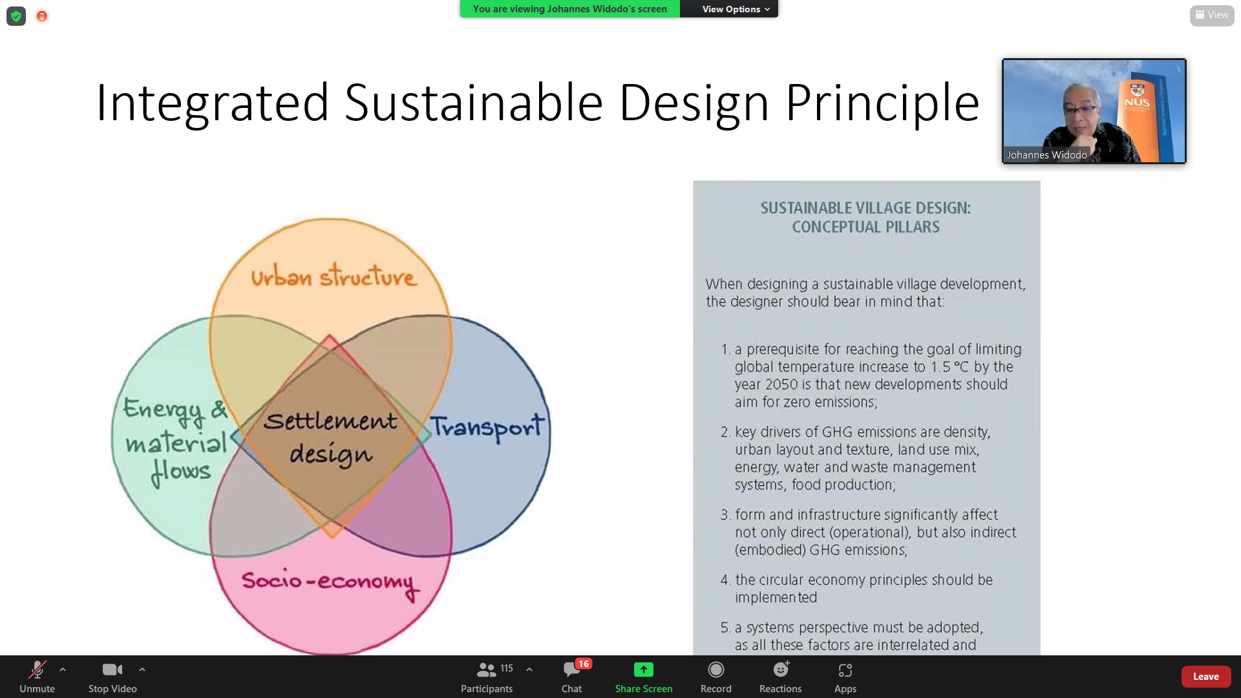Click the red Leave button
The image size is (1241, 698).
1205,676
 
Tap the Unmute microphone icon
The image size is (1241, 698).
37,670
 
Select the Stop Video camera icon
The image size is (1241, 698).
112,670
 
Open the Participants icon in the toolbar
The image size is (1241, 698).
486,670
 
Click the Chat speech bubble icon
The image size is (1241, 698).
571,670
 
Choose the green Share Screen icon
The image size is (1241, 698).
644,670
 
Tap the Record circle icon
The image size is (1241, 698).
716,670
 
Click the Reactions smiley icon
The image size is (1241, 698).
781,670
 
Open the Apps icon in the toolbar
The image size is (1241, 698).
845,670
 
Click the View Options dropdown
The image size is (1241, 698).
736,9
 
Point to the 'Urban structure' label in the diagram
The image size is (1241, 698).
334,276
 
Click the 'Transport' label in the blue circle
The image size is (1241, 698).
488,427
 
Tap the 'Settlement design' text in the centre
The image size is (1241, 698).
331,438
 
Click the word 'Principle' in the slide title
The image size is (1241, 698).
883,103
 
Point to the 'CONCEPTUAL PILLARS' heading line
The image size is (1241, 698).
866,227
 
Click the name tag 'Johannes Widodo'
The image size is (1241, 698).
1046,154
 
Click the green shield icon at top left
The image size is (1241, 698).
16,16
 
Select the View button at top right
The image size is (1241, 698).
1212,15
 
